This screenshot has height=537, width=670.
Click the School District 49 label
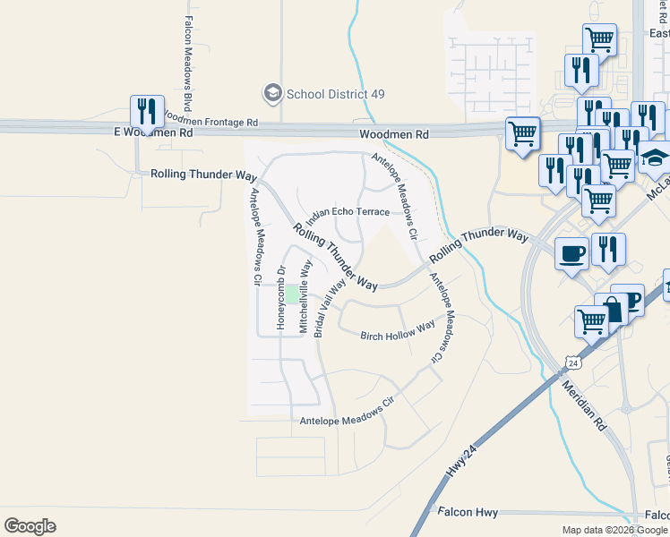tap(330, 93)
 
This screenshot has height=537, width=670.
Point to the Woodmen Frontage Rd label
tap(211, 122)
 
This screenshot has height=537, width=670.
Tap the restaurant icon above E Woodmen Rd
tap(147, 111)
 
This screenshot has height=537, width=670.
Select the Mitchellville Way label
tap(305, 297)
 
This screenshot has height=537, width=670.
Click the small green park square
tap(291, 294)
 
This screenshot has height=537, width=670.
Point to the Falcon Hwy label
tap(468, 512)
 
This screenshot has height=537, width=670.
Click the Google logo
tap(30, 525)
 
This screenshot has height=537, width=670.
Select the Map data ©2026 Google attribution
tap(615, 530)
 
